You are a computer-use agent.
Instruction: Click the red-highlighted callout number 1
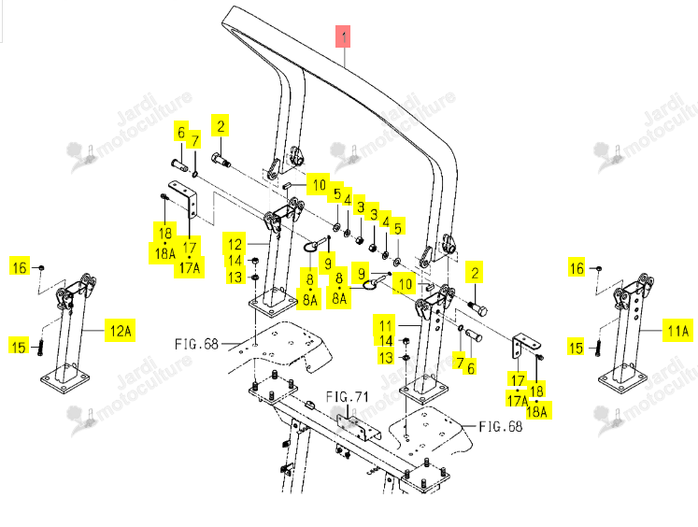[343, 36]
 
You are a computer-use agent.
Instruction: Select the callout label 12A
[121, 330]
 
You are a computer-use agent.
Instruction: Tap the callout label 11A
[678, 330]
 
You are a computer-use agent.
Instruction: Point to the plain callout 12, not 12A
[235, 244]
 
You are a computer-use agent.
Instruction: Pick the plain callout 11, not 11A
[386, 325]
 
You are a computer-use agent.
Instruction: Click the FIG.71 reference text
[348, 396]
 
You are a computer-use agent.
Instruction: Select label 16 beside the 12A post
[20, 267]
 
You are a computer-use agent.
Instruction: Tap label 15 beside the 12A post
[19, 347]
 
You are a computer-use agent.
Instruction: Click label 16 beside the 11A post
[577, 268]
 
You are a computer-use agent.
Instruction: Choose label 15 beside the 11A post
[576, 348]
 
